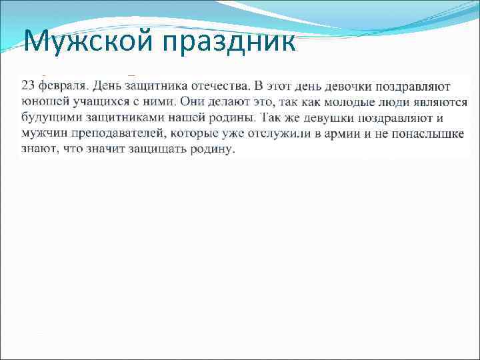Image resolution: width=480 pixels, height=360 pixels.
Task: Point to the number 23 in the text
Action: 29,87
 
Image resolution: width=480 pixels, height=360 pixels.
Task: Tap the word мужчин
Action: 41,133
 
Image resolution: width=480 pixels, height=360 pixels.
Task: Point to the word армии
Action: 344,133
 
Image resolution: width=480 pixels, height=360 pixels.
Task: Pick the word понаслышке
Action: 430,133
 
